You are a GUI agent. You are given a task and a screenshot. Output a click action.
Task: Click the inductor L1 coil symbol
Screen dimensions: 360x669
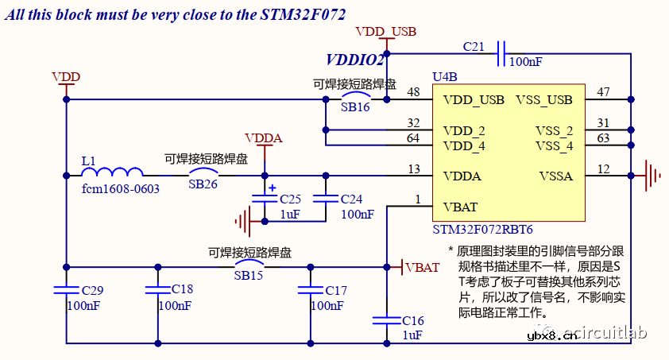point(112,172)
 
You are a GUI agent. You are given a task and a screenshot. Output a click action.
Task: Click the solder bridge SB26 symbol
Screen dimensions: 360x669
point(203,172)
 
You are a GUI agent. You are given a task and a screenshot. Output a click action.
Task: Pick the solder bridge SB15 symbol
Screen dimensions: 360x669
point(249,264)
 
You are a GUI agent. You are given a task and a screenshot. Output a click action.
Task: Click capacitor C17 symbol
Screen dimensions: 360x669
point(310,290)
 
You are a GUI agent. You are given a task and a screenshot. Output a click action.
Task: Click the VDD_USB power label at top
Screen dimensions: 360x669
point(385,32)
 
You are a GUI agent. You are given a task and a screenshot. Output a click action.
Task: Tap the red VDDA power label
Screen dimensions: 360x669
point(264,137)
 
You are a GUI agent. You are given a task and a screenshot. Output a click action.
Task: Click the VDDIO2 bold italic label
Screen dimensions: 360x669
point(355,60)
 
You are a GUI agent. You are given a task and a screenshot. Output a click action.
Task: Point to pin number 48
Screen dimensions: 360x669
point(412,92)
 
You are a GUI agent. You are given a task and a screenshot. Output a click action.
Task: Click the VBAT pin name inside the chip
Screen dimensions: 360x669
point(460,207)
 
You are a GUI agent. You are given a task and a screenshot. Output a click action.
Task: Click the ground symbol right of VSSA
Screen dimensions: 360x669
point(652,175)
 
